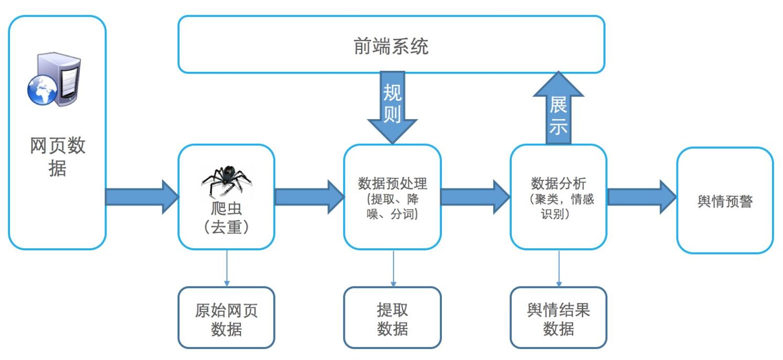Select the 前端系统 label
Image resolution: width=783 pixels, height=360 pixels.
pyautogui.click(x=391, y=46)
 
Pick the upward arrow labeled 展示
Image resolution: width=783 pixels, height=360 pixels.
pyautogui.click(x=558, y=110)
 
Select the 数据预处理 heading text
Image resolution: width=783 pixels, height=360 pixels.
pyautogui.click(x=393, y=183)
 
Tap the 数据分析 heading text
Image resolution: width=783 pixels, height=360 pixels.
pyautogui.click(x=558, y=183)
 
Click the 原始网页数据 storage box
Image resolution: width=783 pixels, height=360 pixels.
pyautogui.click(x=226, y=318)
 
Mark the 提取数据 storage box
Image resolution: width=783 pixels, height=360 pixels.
pyautogui.click(x=392, y=318)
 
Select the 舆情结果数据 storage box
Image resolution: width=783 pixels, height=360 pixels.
pyautogui.click(x=558, y=318)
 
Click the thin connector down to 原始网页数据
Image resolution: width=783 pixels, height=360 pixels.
pyautogui.click(x=227, y=268)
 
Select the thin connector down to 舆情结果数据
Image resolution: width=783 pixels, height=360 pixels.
pyautogui.click(x=558, y=268)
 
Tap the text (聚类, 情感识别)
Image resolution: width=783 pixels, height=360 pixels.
pyautogui.click(x=562, y=207)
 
